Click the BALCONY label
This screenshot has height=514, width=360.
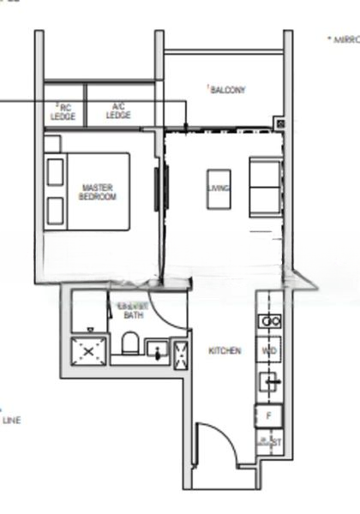pos(227,90)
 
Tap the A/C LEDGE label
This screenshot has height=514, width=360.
pos(119,111)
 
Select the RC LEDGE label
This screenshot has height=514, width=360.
pos(63,111)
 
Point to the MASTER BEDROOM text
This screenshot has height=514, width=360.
pos(97,192)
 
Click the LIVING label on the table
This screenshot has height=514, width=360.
pos(219,189)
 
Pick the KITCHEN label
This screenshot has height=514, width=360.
pos(225,351)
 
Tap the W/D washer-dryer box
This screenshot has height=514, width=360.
pos(269,351)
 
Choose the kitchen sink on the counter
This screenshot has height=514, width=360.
pos(269,382)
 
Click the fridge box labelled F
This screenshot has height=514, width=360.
pos(269,416)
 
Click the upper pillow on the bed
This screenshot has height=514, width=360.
pos(56,171)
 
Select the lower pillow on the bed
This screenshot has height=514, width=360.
pos(56,211)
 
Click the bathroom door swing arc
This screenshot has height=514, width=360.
pos(175,313)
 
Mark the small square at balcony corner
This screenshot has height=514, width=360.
pos(279,123)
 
